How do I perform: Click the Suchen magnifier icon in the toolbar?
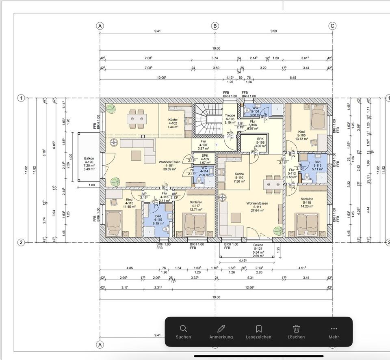pyautogui.click(x=183, y=328)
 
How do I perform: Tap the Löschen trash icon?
pyautogui.click(x=296, y=328)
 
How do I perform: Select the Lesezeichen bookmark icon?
pyautogui.click(x=258, y=328)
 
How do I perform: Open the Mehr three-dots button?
pyautogui.click(x=334, y=328)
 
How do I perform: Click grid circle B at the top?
pyautogui.click(x=215, y=26)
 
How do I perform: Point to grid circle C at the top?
pyautogui.click(x=332, y=26)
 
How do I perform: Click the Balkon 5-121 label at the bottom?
pyautogui.click(x=258, y=250)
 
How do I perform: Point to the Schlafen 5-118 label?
pyautogui.click(x=307, y=203)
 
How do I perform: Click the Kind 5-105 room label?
pyautogui.click(x=301, y=135)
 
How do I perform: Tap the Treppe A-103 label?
pyautogui.click(x=230, y=119)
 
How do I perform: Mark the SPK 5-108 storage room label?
pyautogui.click(x=260, y=142)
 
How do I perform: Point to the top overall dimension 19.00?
pyautogui.click(x=216, y=48)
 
